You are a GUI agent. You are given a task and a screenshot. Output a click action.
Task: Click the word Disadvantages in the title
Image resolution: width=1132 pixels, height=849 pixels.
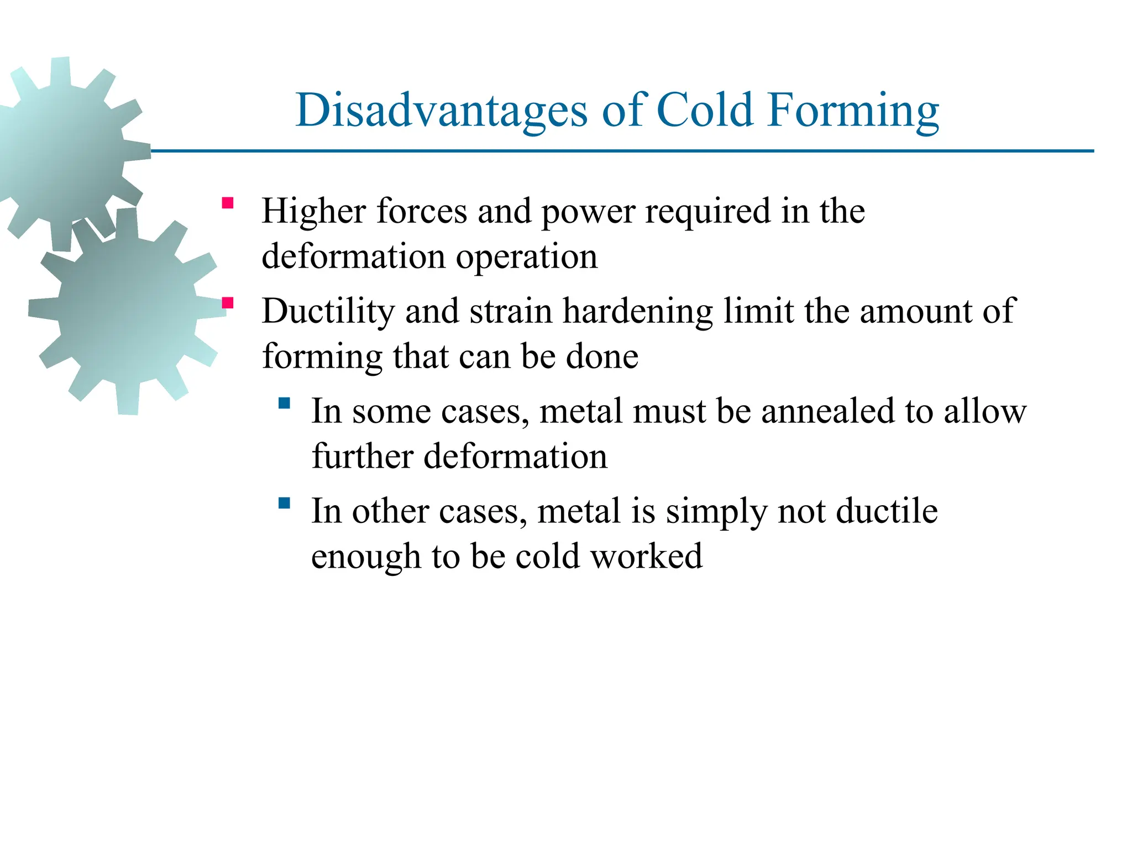(441, 111)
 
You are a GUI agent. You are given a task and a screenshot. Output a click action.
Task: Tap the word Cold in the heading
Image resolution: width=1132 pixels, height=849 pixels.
(705, 111)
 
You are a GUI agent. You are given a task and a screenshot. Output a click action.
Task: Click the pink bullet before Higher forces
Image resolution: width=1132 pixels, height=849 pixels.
(227, 203)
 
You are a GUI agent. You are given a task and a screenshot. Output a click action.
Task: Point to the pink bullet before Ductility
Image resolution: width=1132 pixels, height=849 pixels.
(227, 303)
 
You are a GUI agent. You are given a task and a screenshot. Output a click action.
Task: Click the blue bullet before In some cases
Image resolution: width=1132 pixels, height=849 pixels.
(284, 403)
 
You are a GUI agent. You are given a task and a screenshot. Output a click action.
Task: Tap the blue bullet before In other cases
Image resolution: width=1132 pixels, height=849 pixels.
(284, 503)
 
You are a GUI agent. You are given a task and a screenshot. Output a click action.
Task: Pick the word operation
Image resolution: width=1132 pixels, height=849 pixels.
(526, 258)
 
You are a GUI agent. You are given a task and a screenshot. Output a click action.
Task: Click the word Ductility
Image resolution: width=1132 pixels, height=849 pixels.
(328, 311)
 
